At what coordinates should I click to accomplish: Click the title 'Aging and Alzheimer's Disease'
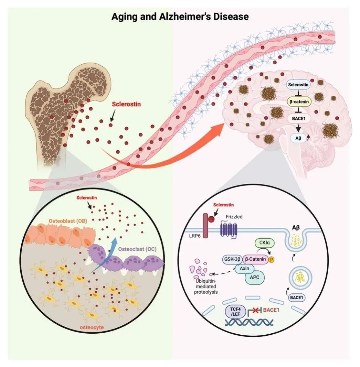pos(180,17)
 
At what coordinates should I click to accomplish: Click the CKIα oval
pos(264,243)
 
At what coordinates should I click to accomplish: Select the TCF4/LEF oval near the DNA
pos(235,312)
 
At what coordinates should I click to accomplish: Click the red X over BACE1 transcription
pos(255,311)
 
